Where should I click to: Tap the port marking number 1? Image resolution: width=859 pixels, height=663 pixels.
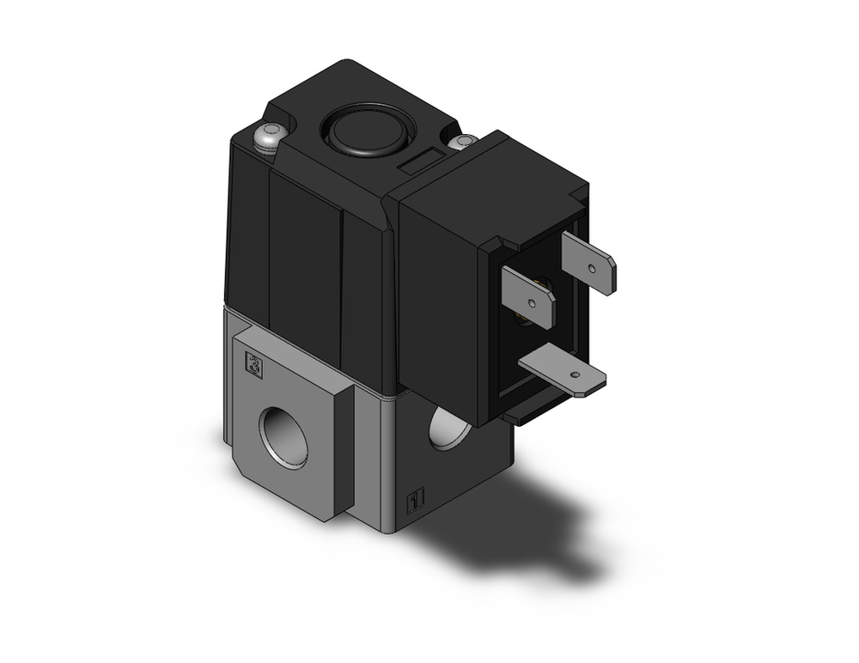coord(415,498)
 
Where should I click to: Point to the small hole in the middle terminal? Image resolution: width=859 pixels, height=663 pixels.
coord(532,303)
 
